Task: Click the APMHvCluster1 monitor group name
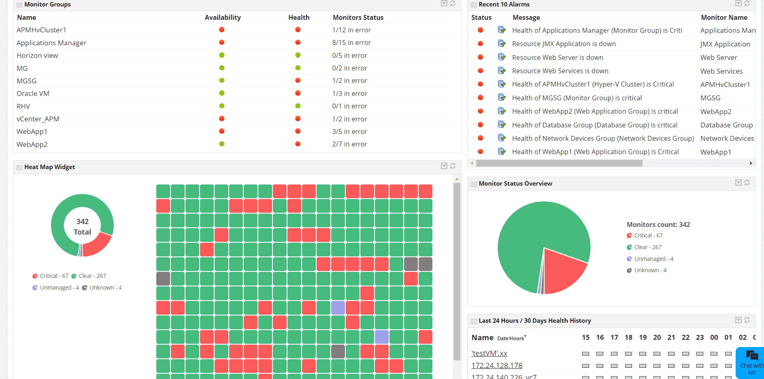coord(41,30)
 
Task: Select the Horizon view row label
coord(37,55)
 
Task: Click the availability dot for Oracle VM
coord(222,93)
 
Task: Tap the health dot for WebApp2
coord(298,144)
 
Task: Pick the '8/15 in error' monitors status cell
coord(351,42)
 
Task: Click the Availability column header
coord(223,17)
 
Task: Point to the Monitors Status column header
coord(358,17)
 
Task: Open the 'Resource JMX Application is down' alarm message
coord(564,44)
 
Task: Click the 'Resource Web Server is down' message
coord(558,57)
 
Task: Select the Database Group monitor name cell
coord(726,125)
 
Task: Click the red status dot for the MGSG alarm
coord(481,97)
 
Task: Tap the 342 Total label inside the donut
coord(82,227)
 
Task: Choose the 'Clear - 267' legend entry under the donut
coord(92,276)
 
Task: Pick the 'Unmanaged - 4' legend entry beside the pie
coord(653,259)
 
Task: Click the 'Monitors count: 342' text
coord(658,224)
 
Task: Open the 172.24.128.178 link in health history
coord(497,366)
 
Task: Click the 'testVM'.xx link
coord(489,354)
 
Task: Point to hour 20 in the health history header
coord(657,337)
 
